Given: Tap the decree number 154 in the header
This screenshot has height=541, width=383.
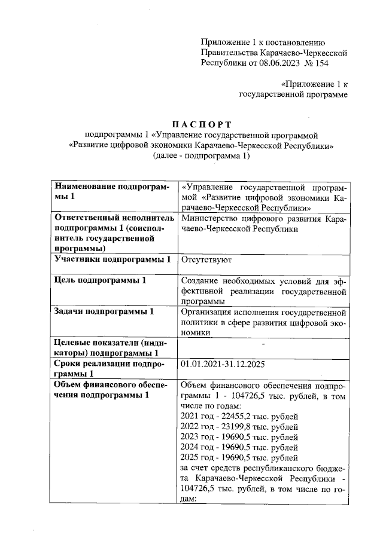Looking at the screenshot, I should (321, 63).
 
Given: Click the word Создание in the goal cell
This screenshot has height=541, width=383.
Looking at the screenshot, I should (199, 281).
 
